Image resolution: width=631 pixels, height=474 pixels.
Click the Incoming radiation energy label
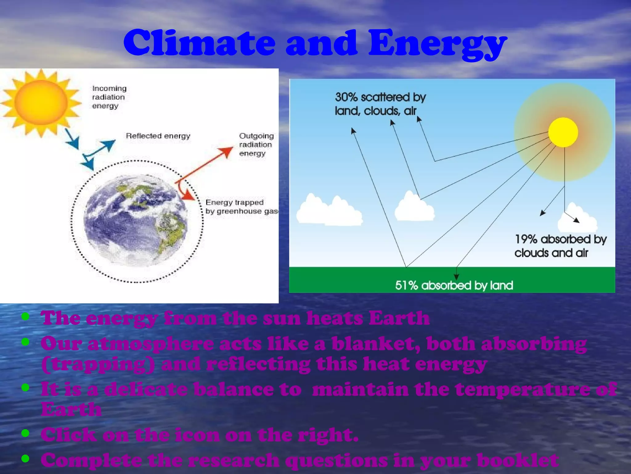[109, 97]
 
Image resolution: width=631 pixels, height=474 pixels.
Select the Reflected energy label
[158, 136]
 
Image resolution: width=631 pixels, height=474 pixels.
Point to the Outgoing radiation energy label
[256, 144]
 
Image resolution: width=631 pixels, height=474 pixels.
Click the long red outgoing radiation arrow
[203, 165]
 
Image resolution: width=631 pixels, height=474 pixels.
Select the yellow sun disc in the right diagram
[563, 132]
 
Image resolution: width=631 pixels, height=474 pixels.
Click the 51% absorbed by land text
[454, 285]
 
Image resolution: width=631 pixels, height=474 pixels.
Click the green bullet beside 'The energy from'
[26, 316]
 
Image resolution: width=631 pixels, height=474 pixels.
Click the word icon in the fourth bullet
[197, 435]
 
